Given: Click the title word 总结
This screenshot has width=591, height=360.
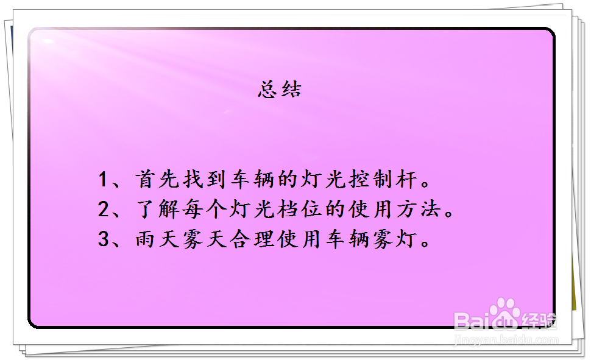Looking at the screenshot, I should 280,90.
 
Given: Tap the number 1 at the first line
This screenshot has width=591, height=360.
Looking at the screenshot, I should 103,180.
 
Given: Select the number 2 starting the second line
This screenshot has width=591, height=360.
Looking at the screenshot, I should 103,210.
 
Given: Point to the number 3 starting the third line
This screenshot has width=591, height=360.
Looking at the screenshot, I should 103,239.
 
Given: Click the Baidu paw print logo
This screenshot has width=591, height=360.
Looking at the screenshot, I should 505,312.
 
